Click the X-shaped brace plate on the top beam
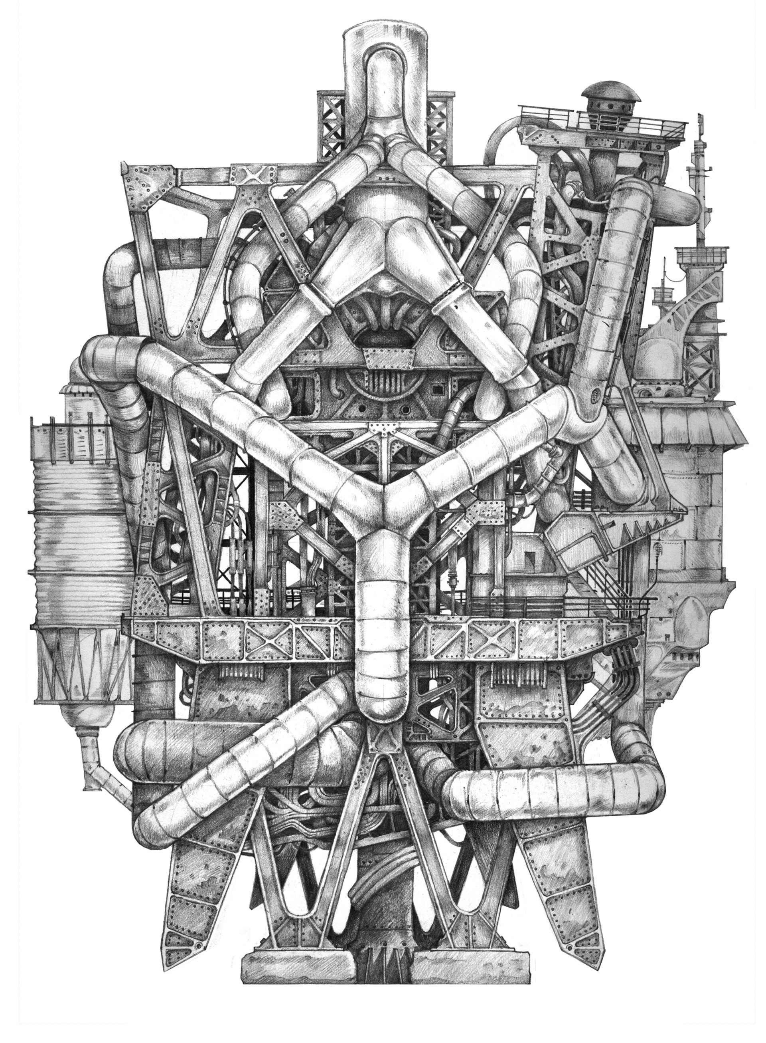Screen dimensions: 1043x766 tap(254, 177)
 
